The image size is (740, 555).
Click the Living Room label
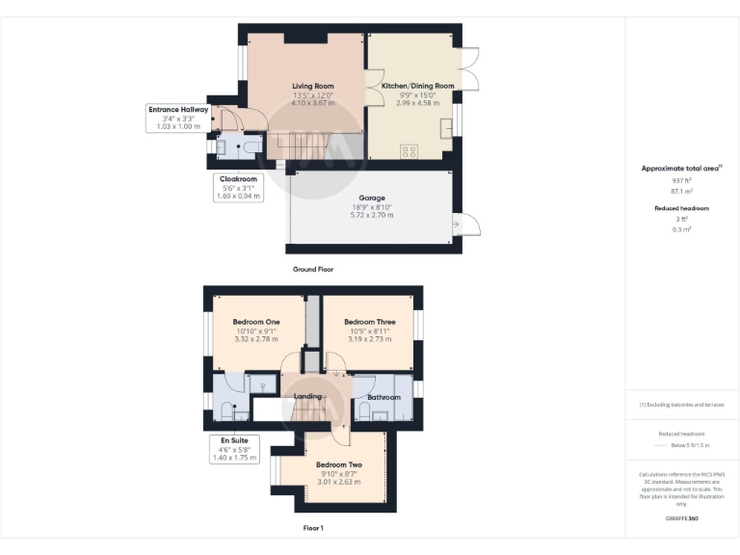[312, 86]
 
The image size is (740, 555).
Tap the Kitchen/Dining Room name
[417, 86]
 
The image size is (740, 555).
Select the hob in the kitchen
[410, 150]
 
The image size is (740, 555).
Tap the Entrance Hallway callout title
[177, 110]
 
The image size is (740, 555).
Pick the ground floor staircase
[299, 146]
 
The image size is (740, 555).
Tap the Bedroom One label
[256, 322]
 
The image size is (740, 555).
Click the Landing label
[307, 396]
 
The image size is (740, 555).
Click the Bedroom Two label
[338, 464]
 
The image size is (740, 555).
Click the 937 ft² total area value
[681, 180]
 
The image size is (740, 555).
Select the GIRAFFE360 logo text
[681, 519]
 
